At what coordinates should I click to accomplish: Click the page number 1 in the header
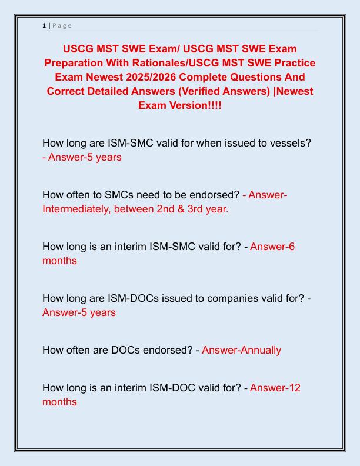point(44,25)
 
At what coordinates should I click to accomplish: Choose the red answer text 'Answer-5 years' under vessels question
point(82,158)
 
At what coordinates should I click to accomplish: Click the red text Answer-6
point(272,247)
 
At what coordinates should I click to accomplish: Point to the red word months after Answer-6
point(59,261)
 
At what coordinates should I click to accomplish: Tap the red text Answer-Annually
point(241,350)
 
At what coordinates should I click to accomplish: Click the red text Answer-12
point(275,388)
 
